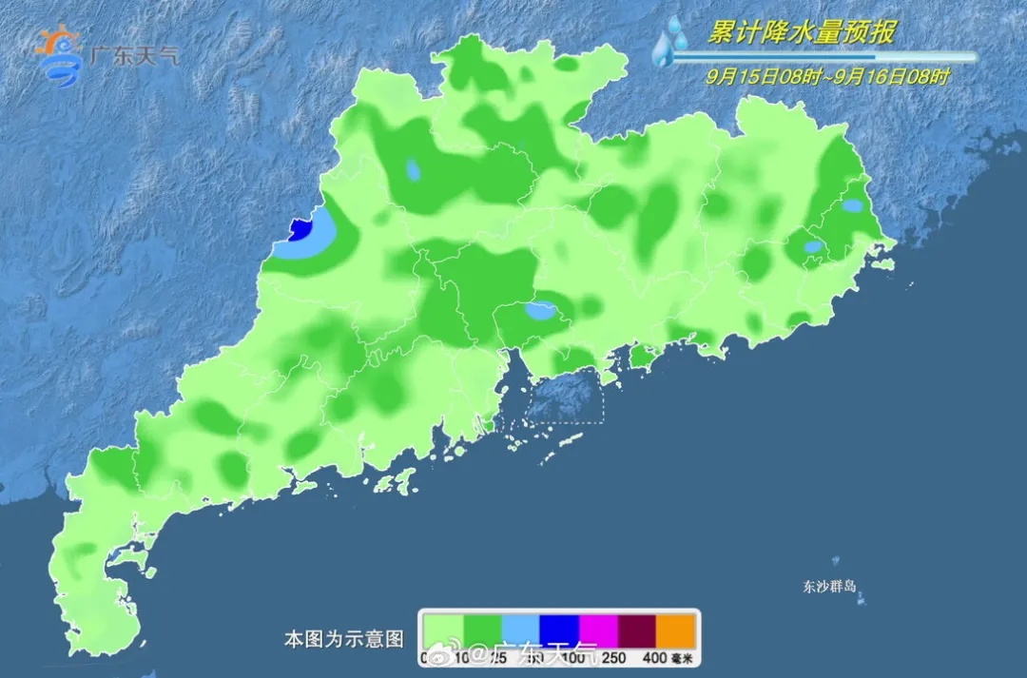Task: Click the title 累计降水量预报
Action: pyautogui.click(x=801, y=32)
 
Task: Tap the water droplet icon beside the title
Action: pyautogui.click(x=670, y=43)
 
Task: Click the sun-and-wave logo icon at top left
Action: pyautogui.click(x=59, y=54)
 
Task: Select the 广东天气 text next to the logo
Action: pyautogui.click(x=132, y=54)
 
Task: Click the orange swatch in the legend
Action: pyautogui.click(x=676, y=630)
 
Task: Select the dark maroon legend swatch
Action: pyautogui.click(x=637, y=630)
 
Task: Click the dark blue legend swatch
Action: pyautogui.click(x=559, y=630)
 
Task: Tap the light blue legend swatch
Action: pyautogui.click(x=520, y=630)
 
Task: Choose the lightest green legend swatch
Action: pyautogui.click(x=443, y=630)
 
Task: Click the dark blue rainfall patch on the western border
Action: pyautogui.click(x=301, y=228)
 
